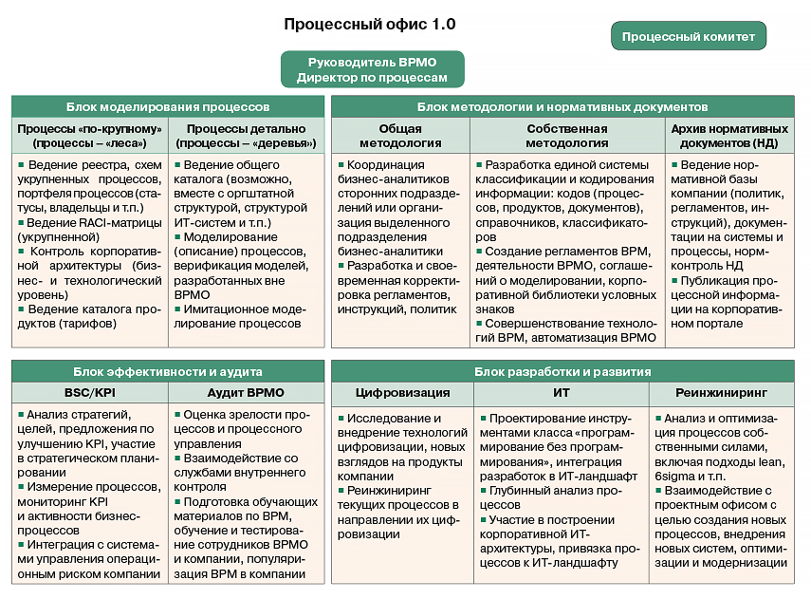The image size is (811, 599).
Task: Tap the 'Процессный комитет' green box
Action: tap(689, 37)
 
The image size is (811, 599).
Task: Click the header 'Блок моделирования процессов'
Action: tap(168, 107)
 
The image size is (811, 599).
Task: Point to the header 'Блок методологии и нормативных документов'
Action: tap(562, 107)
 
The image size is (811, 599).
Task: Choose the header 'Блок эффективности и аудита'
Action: tap(168, 371)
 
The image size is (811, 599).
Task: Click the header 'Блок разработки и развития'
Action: tap(562, 371)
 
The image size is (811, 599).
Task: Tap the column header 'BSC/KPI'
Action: tap(90, 392)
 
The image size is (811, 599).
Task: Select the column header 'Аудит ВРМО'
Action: tap(246, 392)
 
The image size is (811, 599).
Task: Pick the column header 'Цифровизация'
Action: tap(402, 392)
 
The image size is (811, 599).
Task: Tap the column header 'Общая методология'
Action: tap(402, 136)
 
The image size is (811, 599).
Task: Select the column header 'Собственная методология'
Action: tap(567, 136)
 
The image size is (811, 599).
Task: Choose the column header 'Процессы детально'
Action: tap(247, 136)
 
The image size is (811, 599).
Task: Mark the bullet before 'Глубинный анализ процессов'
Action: tap(482, 491)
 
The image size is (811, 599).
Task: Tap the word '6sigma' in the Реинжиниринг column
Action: tap(675, 476)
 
